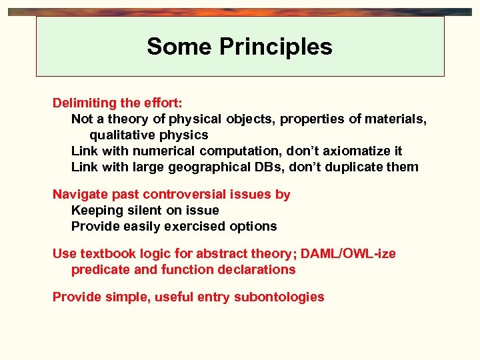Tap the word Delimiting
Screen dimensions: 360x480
pyautogui.click(x=85, y=103)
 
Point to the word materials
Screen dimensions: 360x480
pyautogui.click(x=393, y=119)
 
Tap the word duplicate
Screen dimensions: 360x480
pyautogui.click(x=355, y=167)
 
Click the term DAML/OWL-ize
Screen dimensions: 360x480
pyautogui.click(x=348, y=254)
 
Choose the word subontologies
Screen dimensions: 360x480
pyautogui.click(x=279, y=297)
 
